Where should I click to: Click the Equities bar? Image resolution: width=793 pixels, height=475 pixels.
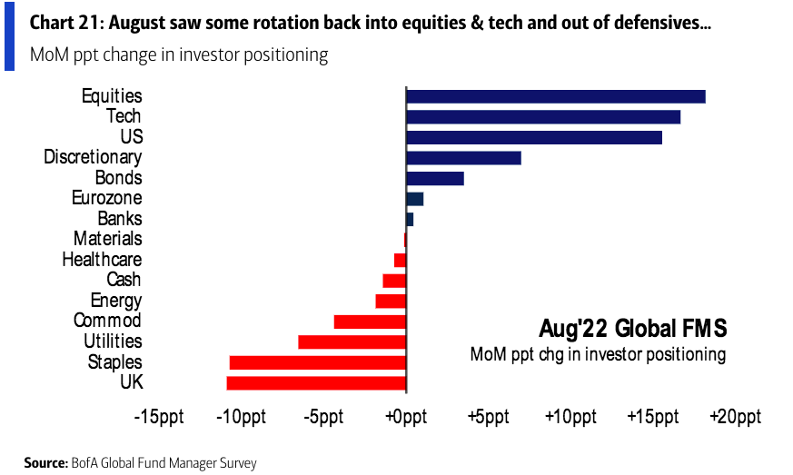coord(555,96)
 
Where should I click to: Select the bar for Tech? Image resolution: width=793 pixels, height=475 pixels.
coord(542,116)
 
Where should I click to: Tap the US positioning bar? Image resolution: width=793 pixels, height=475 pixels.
coord(533,137)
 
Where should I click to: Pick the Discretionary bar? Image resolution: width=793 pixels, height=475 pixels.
coord(463,158)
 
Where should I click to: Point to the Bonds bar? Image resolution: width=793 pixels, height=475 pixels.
coord(434,178)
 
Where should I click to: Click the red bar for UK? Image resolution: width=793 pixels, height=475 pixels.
coord(316,382)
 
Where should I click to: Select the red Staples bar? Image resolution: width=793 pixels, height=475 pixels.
coord(317,362)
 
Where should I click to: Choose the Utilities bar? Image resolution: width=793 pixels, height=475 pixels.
coord(352,341)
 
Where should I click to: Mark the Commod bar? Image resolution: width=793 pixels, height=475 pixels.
coord(370,322)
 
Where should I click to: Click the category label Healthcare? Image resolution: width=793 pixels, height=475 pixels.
coord(102,260)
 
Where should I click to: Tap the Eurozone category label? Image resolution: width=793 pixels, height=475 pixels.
coord(106,198)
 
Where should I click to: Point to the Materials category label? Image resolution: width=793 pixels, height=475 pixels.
coord(107,239)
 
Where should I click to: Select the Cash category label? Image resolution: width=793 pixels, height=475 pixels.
coord(124,280)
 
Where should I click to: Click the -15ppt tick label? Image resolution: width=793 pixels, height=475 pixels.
coord(158,418)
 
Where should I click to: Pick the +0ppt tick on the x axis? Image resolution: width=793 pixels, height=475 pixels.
coord(406,418)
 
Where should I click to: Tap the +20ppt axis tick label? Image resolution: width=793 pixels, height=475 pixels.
coord(735,418)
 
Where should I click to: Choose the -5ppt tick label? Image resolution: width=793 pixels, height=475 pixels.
coord(323,418)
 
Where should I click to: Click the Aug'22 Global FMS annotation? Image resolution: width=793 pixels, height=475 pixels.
coord(632,327)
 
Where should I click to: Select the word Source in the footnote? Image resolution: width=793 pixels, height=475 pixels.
coord(45,463)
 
